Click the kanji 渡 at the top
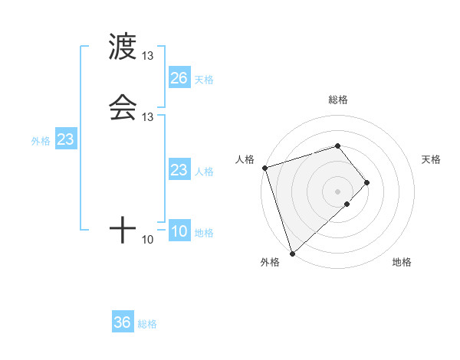pyautogui.click(x=123, y=47)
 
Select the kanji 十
pyautogui.click(x=123, y=229)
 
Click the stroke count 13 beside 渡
pyautogui.click(x=148, y=57)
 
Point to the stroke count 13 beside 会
pyautogui.click(x=148, y=117)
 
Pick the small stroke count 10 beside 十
pyautogui.click(x=148, y=240)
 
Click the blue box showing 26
pyautogui.click(x=179, y=78)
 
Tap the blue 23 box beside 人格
pyautogui.click(x=179, y=170)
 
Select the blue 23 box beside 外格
pyautogui.click(x=65, y=140)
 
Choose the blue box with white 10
pyautogui.click(x=179, y=232)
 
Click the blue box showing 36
pyautogui.click(x=122, y=322)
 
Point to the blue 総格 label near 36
pyautogui.click(x=147, y=324)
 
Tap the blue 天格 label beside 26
pyautogui.click(x=204, y=80)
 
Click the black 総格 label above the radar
pyautogui.click(x=337, y=100)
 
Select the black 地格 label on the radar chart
pyautogui.click(x=402, y=263)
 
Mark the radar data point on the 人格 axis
pyautogui.click(x=264, y=167)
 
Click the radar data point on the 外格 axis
pyautogui.click(x=292, y=252)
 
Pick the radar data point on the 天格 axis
pyautogui.click(x=367, y=182)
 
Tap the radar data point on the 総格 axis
pyautogui.click(x=337, y=146)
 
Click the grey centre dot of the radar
pyautogui.click(x=337, y=191)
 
